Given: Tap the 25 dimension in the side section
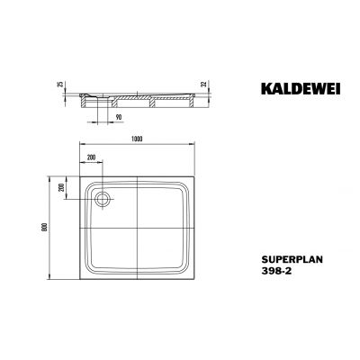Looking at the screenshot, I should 60,84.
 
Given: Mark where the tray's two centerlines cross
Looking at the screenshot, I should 137,226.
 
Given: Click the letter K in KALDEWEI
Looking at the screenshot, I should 251,90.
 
